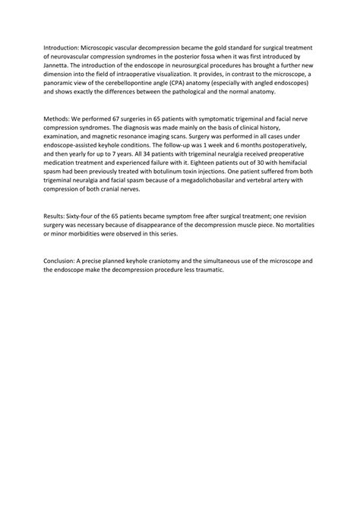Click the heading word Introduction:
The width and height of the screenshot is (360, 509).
[63, 47]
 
